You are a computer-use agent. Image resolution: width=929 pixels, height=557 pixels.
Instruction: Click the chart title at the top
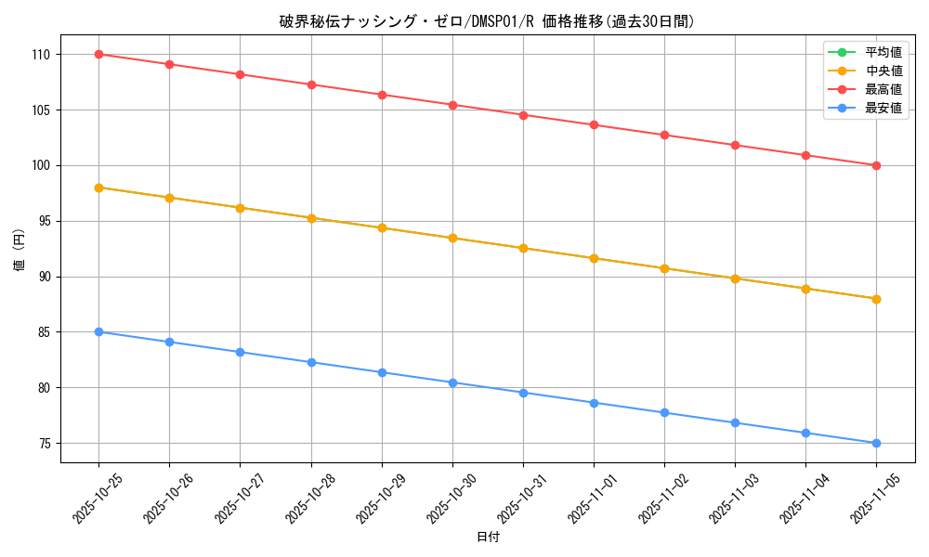tap(487, 21)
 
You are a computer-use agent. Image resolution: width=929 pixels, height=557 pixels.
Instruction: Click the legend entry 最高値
tap(883, 89)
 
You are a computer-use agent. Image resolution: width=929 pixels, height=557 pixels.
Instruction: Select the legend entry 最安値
tap(883, 108)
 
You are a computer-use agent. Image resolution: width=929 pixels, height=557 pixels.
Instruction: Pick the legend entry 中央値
tap(883, 71)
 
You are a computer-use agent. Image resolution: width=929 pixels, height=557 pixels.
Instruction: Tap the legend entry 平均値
tap(883, 52)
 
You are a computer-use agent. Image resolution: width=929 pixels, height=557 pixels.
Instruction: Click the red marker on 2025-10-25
tap(98, 54)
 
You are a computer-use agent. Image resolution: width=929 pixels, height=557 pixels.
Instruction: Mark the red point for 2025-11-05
tap(876, 165)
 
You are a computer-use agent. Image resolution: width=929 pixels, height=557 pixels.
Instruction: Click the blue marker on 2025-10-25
tap(98, 331)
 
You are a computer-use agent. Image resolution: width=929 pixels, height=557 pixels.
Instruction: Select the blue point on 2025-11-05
tap(876, 443)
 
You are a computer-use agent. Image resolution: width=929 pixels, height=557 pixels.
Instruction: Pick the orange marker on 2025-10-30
tap(452, 238)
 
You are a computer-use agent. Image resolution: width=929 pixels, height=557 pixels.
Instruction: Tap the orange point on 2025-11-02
tap(664, 268)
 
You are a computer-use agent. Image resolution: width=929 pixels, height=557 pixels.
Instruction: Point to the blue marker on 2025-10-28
tap(311, 362)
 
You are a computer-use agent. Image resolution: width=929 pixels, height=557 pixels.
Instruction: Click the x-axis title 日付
tap(487, 538)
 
